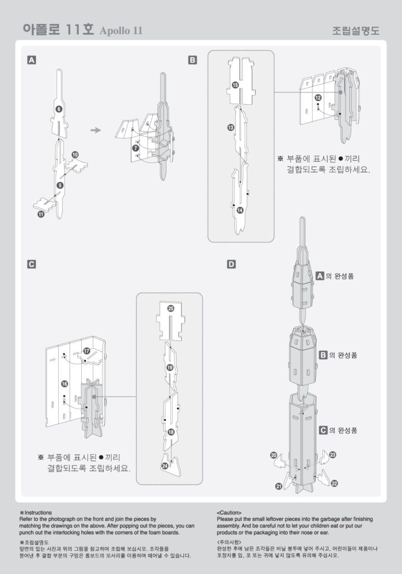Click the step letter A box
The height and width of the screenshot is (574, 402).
point(32,59)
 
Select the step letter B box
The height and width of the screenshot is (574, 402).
point(192,59)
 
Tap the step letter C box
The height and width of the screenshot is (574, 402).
point(32,263)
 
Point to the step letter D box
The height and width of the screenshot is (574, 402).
point(231,263)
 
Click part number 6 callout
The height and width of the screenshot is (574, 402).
point(59,109)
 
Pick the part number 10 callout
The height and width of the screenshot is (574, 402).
point(75,154)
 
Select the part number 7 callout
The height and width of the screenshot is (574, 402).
point(135,147)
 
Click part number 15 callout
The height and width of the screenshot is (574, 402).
point(235,85)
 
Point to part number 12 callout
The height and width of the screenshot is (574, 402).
point(318,98)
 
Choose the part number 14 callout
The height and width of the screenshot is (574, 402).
point(239,210)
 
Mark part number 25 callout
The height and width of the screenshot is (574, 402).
point(170,308)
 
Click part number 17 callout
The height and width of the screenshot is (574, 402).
point(86,350)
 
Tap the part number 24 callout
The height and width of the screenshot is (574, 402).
point(165,465)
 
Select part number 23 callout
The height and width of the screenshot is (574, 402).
point(332,455)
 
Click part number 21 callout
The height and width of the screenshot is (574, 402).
point(279,487)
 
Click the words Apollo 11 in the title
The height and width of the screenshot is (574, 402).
point(121,31)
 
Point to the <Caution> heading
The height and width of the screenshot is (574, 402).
point(229,512)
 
